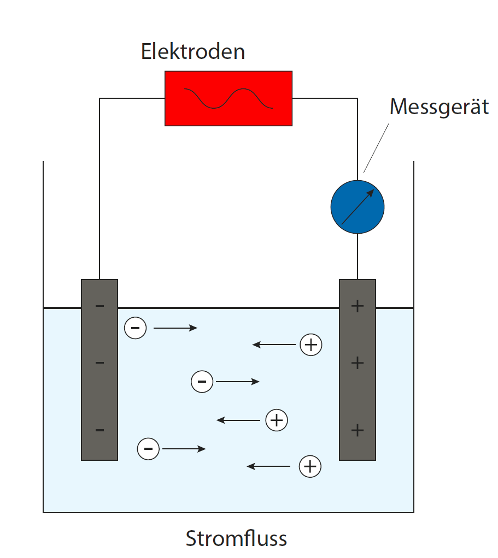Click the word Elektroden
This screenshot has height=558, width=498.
193,52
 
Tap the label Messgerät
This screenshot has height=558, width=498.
439,107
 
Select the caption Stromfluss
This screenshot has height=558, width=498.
236,538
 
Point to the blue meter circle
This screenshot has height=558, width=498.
358,207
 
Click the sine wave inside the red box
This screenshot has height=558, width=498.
229,98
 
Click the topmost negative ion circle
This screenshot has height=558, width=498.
136,328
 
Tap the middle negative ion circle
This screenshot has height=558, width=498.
202,382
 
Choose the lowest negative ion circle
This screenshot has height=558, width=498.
148,449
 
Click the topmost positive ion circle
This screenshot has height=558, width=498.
311,345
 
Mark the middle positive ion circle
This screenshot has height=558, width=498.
277,420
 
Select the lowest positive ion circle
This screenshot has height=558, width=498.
310,466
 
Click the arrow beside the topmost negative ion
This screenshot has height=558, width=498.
175,328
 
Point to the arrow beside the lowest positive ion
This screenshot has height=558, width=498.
268,466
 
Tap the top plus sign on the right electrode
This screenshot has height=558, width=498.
358,306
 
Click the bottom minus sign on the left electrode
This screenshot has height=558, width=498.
99,430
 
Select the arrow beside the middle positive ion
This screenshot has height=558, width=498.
238,420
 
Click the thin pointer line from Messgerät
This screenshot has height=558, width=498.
377,147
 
